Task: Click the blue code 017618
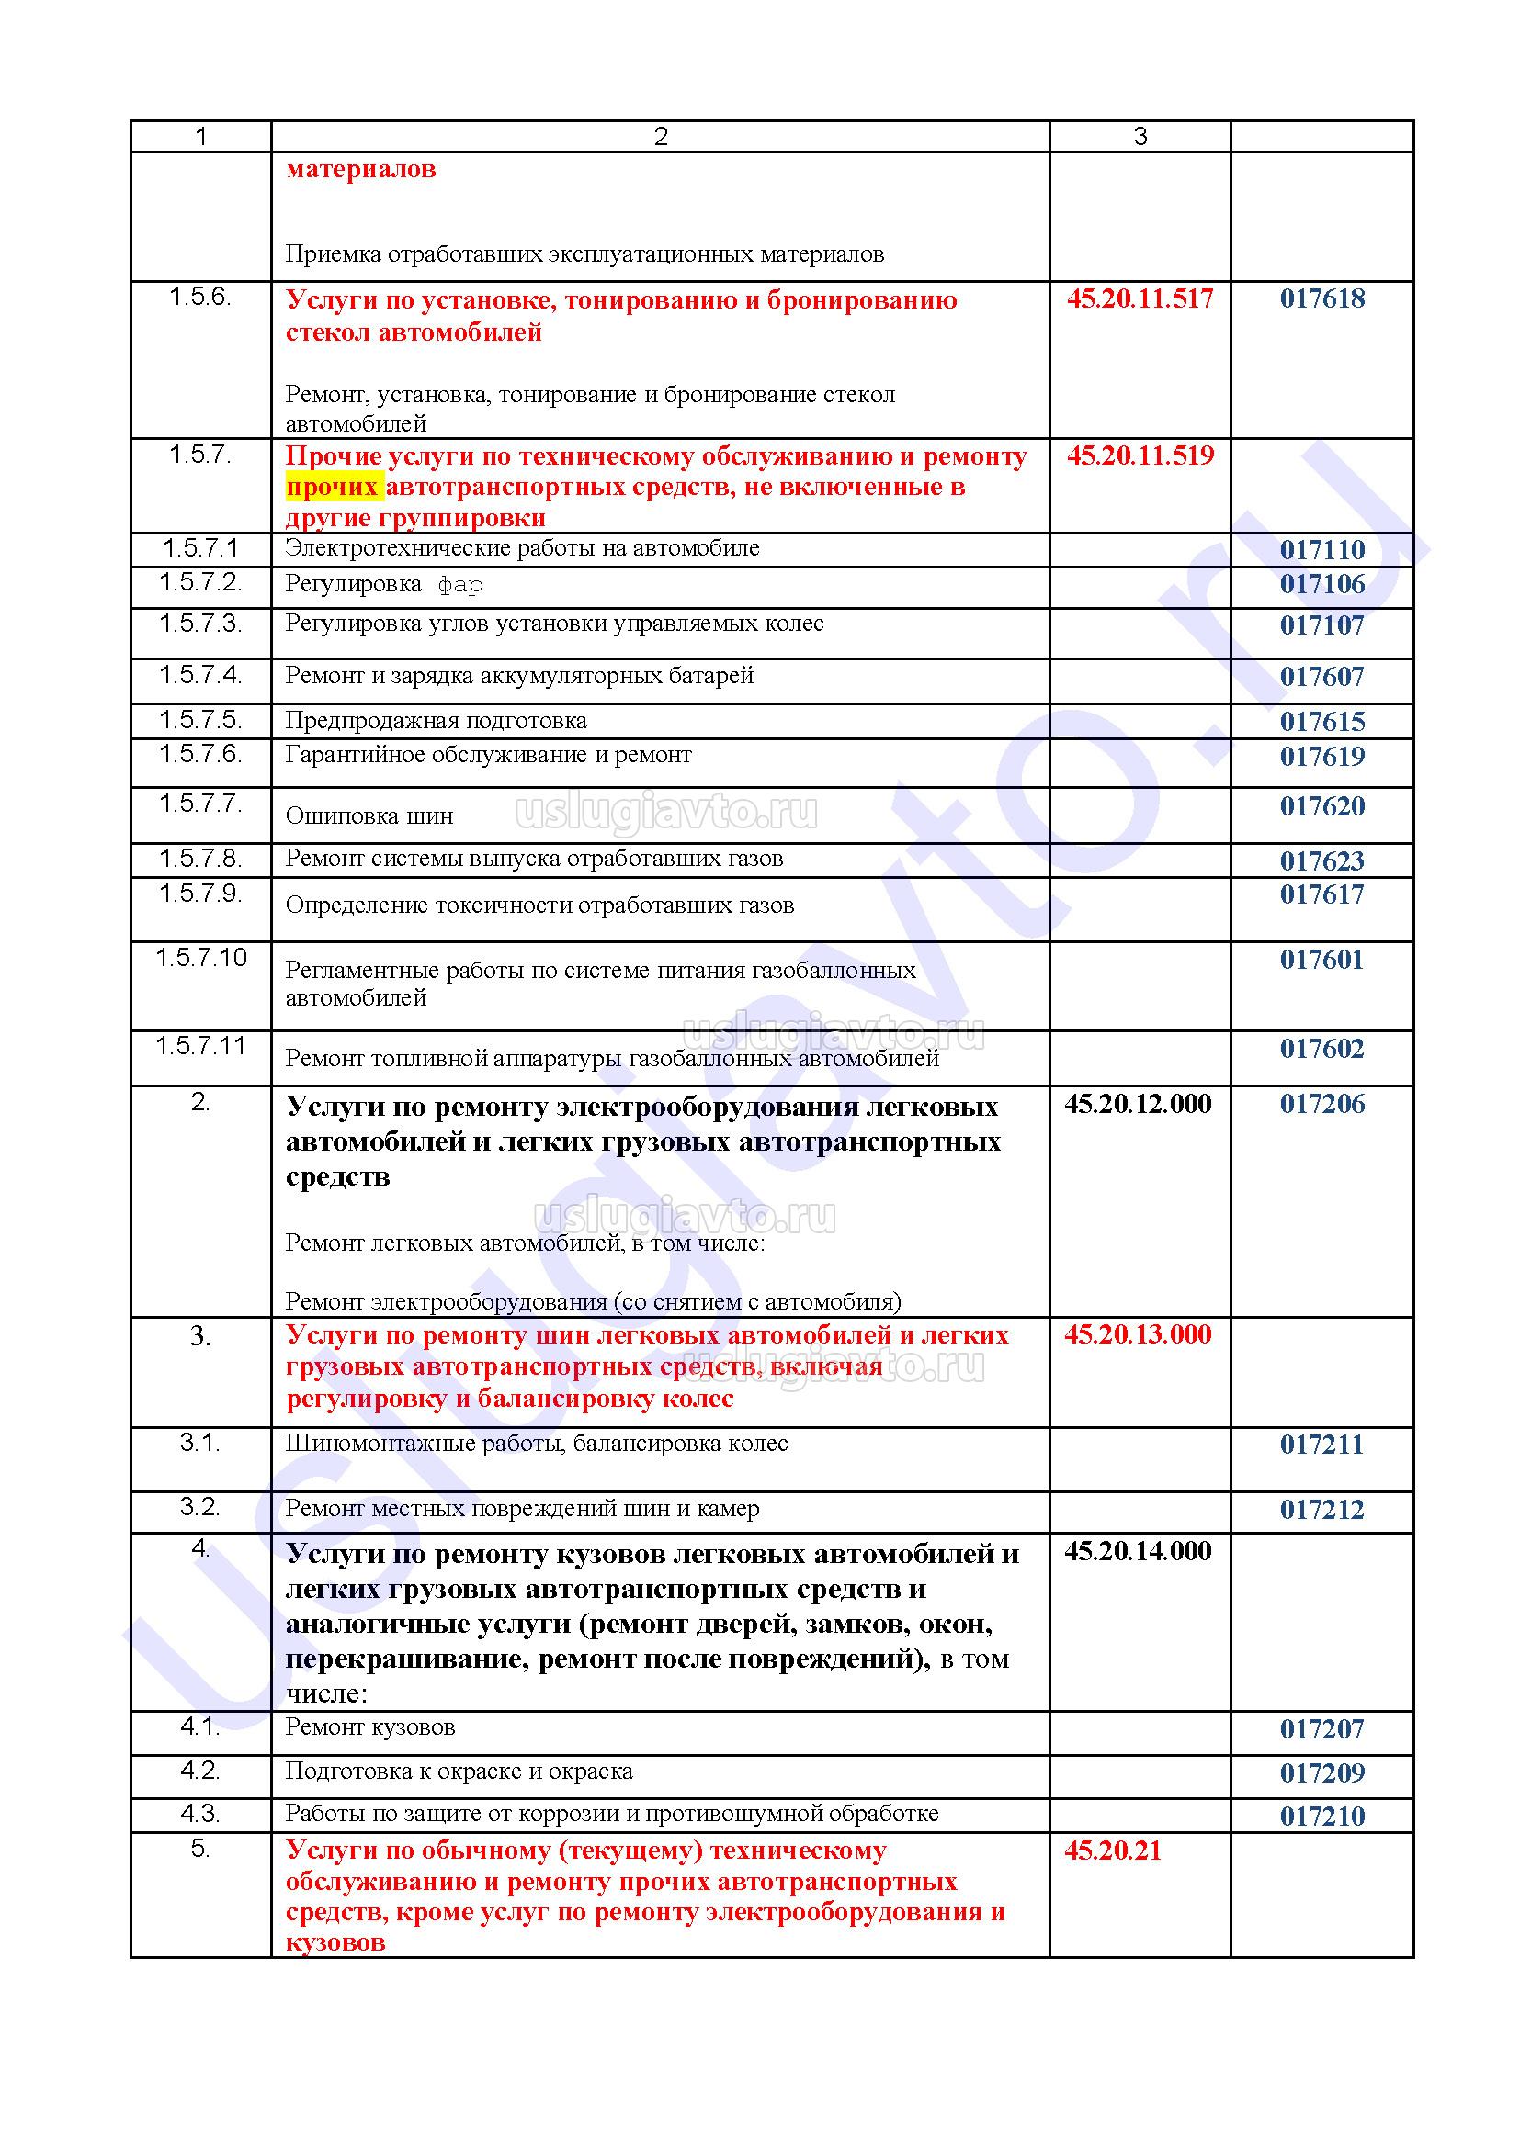click(x=1321, y=298)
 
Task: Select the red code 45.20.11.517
click(x=1139, y=298)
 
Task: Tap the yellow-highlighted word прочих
click(x=333, y=488)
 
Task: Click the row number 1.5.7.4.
click(x=200, y=675)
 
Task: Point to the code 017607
click(x=1321, y=677)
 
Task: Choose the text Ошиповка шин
click(x=369, y=815)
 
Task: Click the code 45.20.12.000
click(x=1137, y=1104)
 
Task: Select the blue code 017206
click(x=1321, y=1104)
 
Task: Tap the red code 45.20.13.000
click(x=1137, y=1334)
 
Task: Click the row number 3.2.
click(x=200, y=1507)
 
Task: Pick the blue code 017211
click(x=1321, y=1445)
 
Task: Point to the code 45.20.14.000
click(x=1137, y=1551)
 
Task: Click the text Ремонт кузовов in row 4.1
click(x=369, y=1727)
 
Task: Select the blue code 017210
click(x=1321, y=1816)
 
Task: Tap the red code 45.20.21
click(x=1112, y=1850)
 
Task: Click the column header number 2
click(x=661, y=137)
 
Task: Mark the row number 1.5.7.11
click(x=200, y=1045)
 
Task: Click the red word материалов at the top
click(x=360, y=169)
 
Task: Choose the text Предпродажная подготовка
click(x=437, y=720)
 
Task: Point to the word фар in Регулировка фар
click(x=460, y=586)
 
